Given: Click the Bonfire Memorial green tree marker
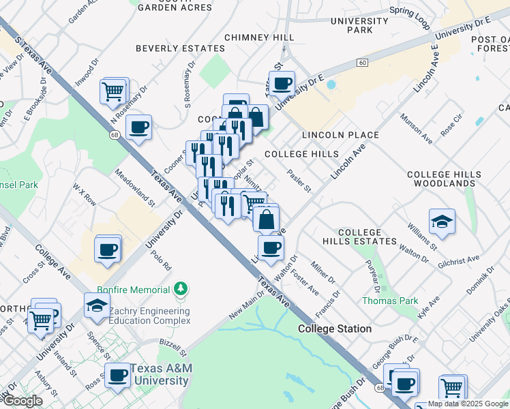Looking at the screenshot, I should tap(181, 289).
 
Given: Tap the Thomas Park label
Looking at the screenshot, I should tap(389, 300).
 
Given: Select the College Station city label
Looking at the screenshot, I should tap(335, 329).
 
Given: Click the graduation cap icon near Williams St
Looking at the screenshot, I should tap(442, 222).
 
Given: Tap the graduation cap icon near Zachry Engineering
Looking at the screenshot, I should tap(97, 305).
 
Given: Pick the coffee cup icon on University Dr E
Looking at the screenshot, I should tap(282, 85).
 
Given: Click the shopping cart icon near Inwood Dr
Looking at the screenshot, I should tap(113, 91).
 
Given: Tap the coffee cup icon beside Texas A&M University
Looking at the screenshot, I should tap(117, 375).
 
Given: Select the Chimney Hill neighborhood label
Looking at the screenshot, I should tap(259, 37).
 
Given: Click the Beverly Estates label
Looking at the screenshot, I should tap(180, 48).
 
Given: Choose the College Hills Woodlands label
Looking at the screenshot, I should tap(441, 179).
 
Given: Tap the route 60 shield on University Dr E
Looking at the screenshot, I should tap(361, 63).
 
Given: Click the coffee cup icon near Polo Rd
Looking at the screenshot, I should tap(108, 249).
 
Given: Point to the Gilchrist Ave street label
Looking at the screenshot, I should tap(459, 260).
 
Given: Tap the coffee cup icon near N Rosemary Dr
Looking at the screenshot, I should tap(138, 127).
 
